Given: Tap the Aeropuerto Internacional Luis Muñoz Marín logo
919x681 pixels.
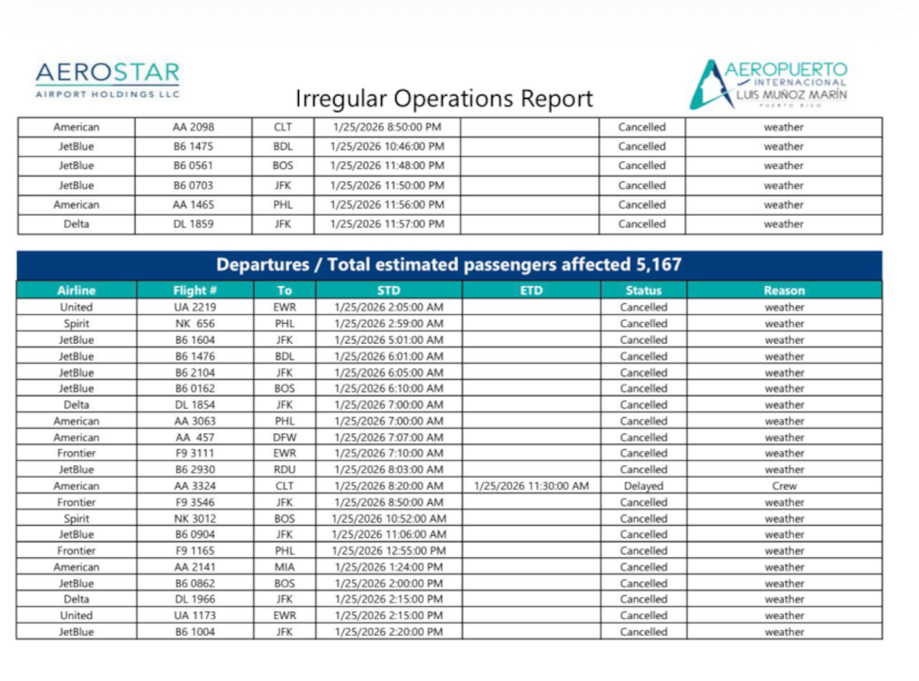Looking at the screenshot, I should (768, 85).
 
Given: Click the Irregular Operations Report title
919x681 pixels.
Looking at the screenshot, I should (444, 99).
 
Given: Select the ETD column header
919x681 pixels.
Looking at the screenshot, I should (531, 290).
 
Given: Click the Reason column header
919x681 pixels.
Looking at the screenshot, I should (784, 290).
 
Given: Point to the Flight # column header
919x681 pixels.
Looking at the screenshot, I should (195, 290).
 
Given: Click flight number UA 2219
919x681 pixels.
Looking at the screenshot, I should (195, 307).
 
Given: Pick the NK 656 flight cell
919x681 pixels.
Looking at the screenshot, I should (195, 323).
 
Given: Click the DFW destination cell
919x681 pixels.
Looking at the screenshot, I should (284, 437).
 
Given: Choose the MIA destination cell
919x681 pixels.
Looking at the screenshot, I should (284, 567).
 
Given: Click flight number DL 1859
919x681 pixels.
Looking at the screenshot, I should (193, 224).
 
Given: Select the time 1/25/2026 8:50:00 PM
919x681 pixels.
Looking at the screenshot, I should (387, 127).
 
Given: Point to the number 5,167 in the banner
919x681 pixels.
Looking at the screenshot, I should (658, 264).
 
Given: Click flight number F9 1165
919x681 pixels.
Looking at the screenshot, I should (195, 550).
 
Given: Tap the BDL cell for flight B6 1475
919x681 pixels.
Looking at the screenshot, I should (283, 146).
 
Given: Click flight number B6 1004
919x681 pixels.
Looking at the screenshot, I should (195, 631).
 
